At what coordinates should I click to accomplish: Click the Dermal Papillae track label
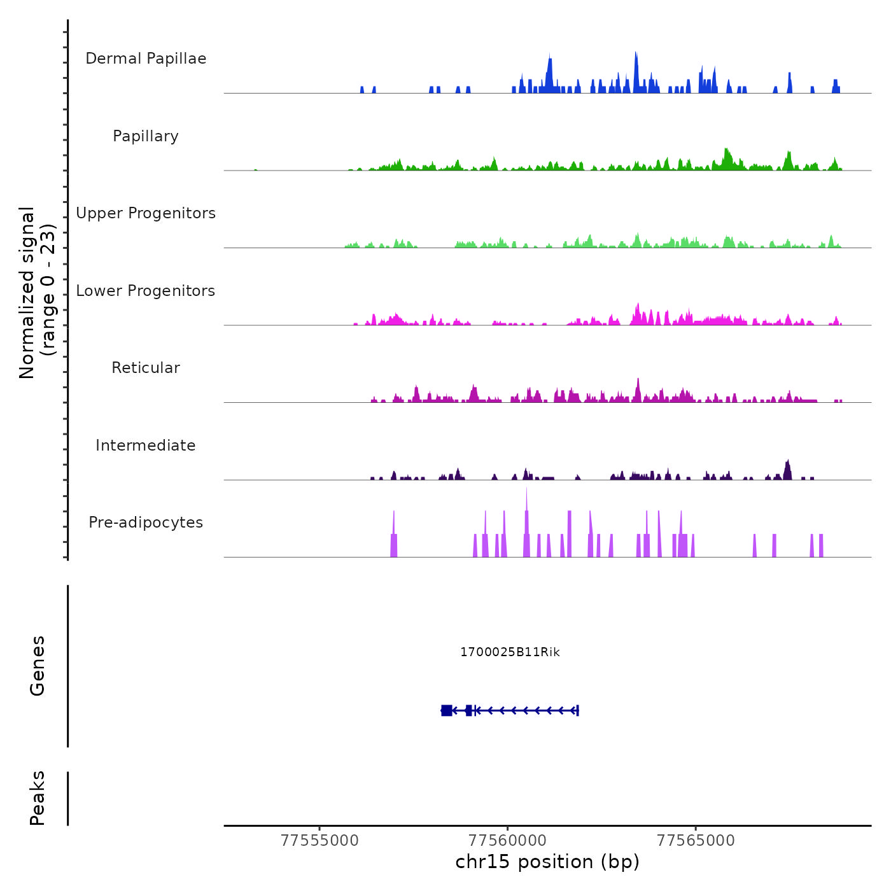[146, 59]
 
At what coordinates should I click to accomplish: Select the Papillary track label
[146, 136]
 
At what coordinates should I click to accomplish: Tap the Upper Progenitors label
[146, 213]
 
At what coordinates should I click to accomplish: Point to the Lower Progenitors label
[146, 291]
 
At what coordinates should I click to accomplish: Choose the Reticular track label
[146, 368]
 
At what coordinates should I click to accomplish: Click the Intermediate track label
[146, 445]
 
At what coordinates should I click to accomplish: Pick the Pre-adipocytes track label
[146, 523]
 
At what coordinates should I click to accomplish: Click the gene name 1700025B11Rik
[510, 652]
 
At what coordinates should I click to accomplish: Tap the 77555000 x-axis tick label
[319, 841]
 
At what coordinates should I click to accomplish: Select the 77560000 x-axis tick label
[508, 841]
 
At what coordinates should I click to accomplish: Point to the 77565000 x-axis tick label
[696, 841]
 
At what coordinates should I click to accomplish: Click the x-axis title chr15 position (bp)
[547, 862]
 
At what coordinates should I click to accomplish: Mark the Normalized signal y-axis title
[37, 292]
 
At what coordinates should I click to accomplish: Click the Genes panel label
[38, 666]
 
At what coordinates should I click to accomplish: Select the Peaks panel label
[38, 798]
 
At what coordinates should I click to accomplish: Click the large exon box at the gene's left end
[446, 710]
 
